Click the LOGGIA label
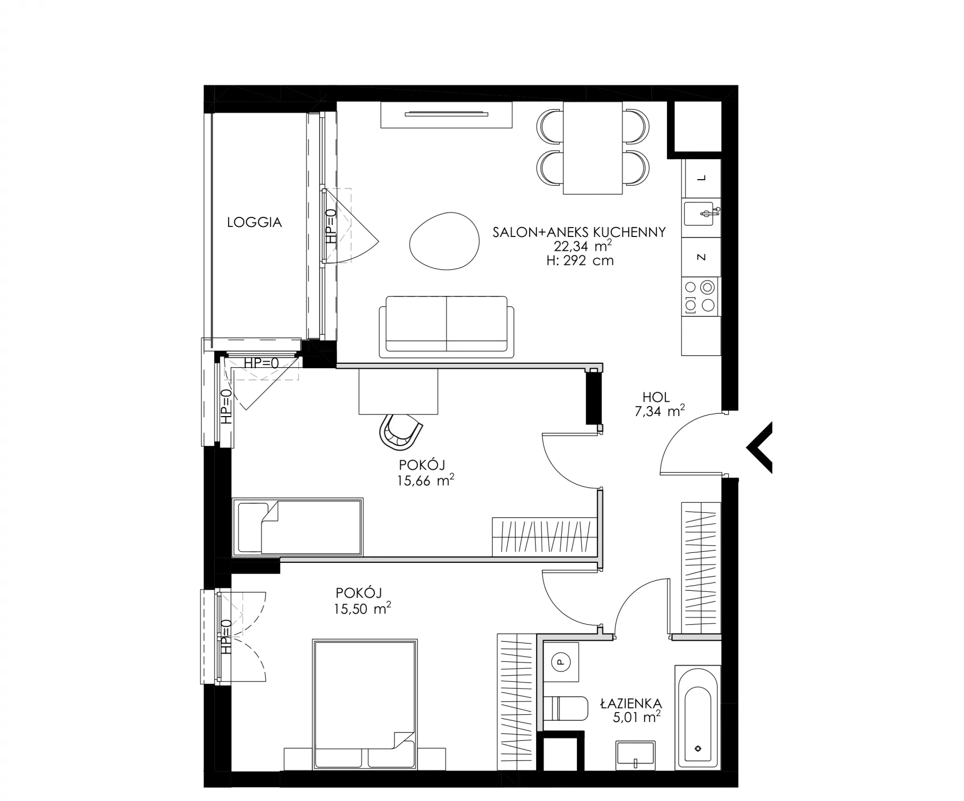point(254,222)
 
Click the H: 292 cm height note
point(580,260)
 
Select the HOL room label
point(656,397)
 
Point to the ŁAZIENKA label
point(631,704)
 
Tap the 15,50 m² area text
point(362,609)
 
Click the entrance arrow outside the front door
point(759,448)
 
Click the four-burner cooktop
point(700,296)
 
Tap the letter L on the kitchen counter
point(701,178)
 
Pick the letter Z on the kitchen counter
point(701,257)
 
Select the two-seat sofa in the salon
point(443,327)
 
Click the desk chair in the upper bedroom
point(400,431)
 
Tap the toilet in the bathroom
point(565,708)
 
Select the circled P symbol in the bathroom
point(560,662)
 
